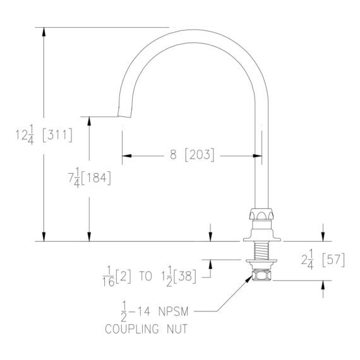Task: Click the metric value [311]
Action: click(57, 135)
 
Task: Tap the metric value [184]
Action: click(96, 177)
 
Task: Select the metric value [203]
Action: click(200, 155)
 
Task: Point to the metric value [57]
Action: click(333, 260)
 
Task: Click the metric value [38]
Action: click(185, 276)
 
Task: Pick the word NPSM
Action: click(173, 311)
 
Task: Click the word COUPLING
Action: click(132, 328)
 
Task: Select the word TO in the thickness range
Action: click(145, 276)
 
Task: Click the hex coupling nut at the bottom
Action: click(261, 275)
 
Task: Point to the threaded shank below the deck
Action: click(261, 251)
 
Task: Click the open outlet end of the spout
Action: click(124, 116)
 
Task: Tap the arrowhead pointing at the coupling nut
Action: click(249, 279)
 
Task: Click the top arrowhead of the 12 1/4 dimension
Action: click(44, 32)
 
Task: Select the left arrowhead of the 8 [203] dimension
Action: click(127, 156)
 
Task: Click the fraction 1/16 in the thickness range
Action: click(109, 277)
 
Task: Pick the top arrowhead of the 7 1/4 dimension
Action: click(89, 121)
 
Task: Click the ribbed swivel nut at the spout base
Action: click(261, 214)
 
